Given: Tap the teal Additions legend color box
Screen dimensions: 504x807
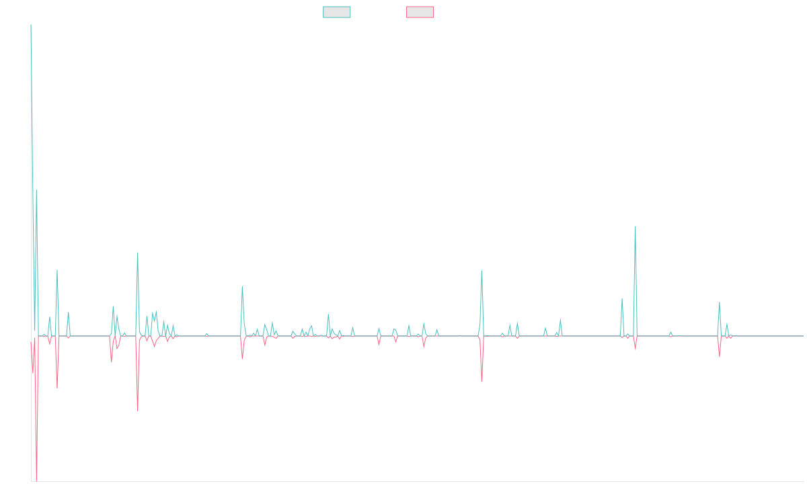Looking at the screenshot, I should click(x=337, y=12).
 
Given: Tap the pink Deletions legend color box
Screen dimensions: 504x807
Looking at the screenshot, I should click(x=420, y=12).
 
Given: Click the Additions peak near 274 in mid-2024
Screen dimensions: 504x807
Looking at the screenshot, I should click(x=636, y=227).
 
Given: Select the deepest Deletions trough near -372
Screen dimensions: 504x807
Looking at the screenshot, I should click(x=36, y=480).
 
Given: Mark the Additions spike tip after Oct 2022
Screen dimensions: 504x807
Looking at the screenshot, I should click(x=482, y=270).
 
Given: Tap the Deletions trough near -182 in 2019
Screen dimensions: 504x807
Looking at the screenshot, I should click(x=138, y=410).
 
